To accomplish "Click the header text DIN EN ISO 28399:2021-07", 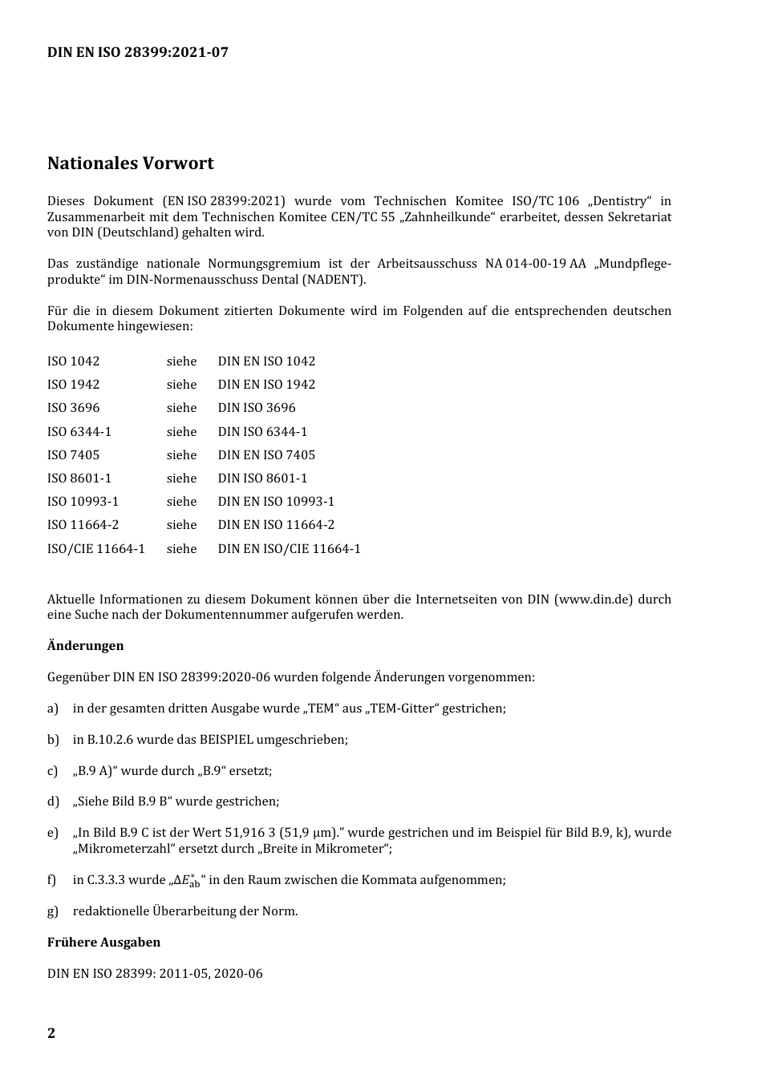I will [137, 53].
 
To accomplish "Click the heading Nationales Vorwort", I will [130, 164].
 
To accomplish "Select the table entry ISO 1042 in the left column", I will [73, 361].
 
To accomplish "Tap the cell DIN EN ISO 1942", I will [266, 385].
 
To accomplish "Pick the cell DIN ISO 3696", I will [257, 408].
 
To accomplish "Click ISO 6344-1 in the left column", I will [79, 432].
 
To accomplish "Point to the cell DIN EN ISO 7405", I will [266, 455].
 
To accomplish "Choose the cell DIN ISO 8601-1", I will [262, 478].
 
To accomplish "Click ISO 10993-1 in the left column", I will [83, 502].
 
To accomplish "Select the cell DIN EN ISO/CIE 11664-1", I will [289, 549].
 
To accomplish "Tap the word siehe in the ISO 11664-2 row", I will [181, 525].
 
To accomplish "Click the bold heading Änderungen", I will [85, 646].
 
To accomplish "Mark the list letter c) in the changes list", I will [53, 771].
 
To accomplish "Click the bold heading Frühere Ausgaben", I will [103, 943].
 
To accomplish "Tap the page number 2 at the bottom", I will [51, 1032].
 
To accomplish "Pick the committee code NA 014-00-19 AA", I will [535, 264].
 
